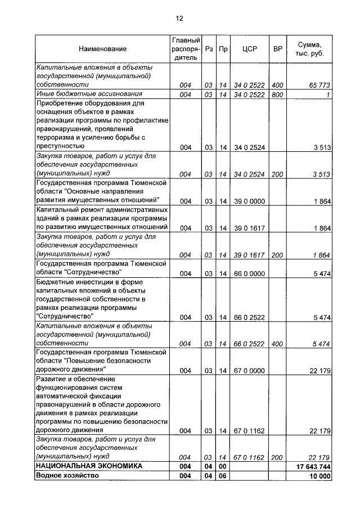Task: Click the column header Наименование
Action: (x=102, y=49)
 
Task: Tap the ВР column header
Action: (x=277, y=49)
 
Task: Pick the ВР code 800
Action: (x=277, y=94)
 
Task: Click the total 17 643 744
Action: (x=313, y=466)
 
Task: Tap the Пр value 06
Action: (x=223, y=476)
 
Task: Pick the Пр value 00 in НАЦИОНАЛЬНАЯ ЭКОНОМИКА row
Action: (x=223, y=466)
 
